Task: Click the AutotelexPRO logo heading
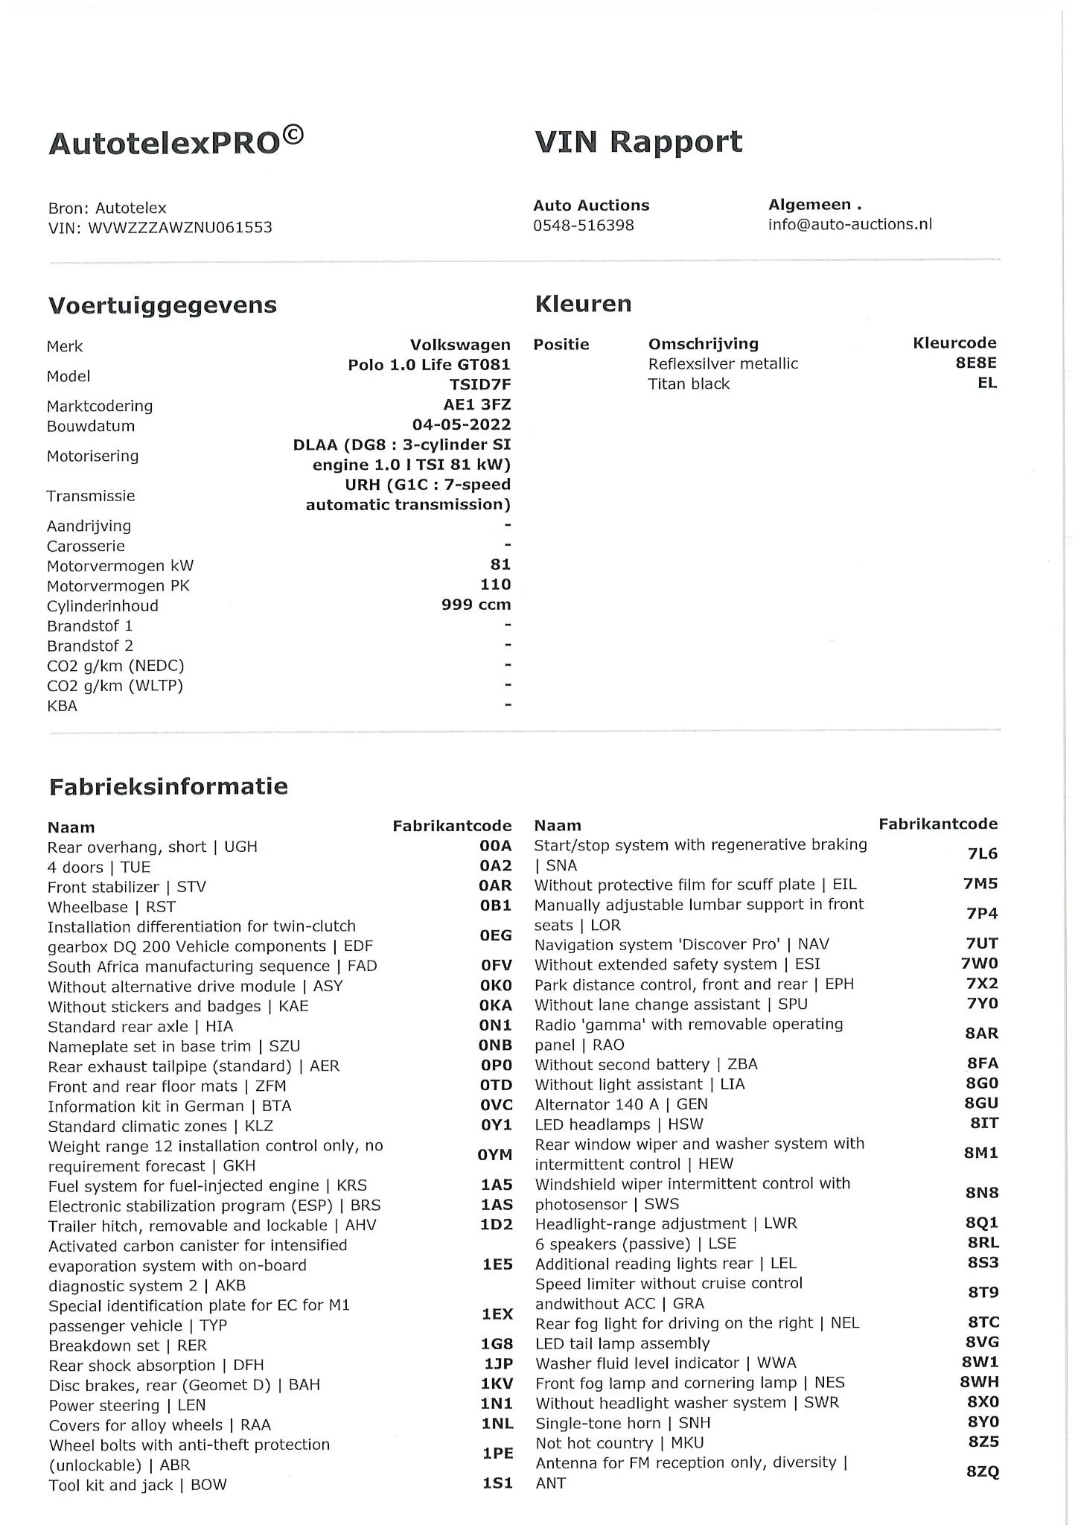(x=176, y=141)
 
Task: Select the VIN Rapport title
(x=638, y=141)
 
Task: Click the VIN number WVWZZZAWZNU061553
(x=180, y=228)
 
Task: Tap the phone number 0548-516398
(x=583, y=225)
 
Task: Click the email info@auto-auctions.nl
(x=849, y=224)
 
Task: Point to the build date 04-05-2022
(x=462, y=425)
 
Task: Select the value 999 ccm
(x=476, y=605)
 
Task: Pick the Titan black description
(x=689, y=384)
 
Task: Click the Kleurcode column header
(x=954, y=343)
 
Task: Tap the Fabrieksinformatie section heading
(x=168, y=787)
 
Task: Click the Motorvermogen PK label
(x=118, y=586)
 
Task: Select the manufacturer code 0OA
(x=496, y=847)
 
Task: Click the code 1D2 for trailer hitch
(x=497, y=1225)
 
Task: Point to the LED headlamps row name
(x=618, y=1124)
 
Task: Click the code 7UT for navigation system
(x=982, y=943)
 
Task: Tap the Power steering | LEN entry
(x=127, y=1406)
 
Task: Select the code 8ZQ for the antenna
(x=982, y=1472)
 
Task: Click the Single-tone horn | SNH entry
(x=622, y=1423)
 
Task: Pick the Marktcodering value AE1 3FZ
(x=476, y=405)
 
